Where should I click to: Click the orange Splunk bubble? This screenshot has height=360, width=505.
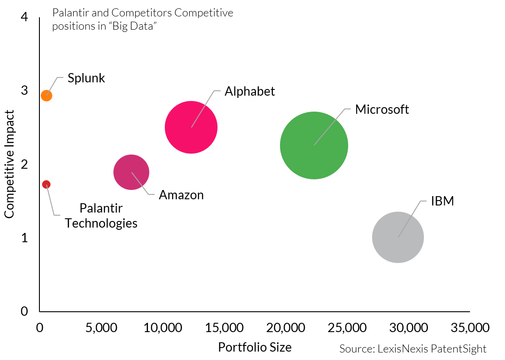(47, 95)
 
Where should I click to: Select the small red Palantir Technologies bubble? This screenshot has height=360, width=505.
(46, 184)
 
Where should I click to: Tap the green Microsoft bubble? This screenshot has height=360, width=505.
(314, 145)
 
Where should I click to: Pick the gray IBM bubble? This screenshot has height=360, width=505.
(398, 237)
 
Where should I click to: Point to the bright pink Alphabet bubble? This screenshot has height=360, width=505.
(191, 127)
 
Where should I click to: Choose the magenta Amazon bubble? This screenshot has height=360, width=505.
(131, 172)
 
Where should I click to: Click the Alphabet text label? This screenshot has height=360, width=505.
(249, 91)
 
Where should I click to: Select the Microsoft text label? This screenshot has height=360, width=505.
(382, 109)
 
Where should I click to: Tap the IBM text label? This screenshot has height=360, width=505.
(443, 201)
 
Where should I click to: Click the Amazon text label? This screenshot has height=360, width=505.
(181, 195)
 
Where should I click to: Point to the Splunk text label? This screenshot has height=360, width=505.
(86, 78)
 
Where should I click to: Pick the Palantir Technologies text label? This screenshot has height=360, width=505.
(101, 215)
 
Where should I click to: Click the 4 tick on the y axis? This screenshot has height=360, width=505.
(24, 17)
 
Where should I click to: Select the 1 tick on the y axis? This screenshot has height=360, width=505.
(24, 238)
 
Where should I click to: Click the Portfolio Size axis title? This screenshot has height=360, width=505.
(255, 347)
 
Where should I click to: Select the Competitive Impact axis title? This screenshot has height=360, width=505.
(9, 164)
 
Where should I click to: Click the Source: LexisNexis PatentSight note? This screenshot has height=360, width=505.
(413, 348)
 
